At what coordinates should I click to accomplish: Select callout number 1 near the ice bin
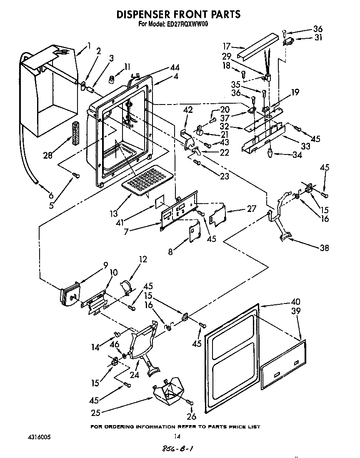pos(89,46)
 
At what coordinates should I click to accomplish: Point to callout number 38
pos(324,248)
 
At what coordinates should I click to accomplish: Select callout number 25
pos(96,413)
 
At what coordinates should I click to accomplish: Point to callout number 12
pos(143,259)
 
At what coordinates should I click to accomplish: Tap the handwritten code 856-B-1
pos(177,449)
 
